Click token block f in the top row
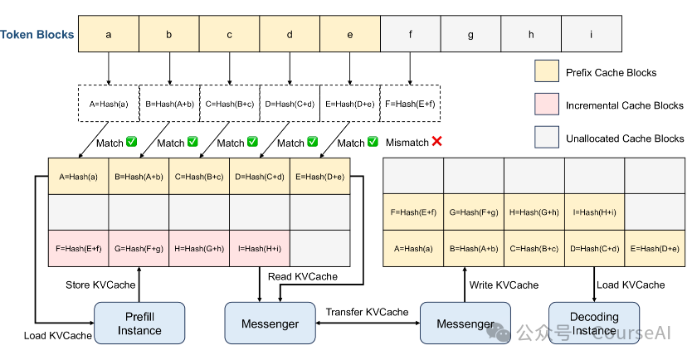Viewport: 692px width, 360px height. click(410, 35)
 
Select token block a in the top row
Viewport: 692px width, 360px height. click(108, 35)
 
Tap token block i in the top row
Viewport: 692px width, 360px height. click(591, 35)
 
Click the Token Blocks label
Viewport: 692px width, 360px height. click(37, 35)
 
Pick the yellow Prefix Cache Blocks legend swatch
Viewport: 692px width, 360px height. click(547, 73)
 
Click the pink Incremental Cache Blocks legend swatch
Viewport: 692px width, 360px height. click(547, 105)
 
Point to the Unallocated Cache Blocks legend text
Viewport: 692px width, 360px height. click(625, 139)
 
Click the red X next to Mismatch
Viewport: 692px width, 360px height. click(436, 142)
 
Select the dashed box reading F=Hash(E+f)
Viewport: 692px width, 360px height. click(410, 105)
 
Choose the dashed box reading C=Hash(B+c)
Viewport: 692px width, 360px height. click(229, 105)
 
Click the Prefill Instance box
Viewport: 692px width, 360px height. click(139, 324)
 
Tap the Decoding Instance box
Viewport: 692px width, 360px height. click(594, 324)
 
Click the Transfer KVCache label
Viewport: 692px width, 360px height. click(367, 312)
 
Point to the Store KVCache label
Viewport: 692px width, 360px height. click(101, 285)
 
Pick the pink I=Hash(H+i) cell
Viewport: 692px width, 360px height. click(260, 248)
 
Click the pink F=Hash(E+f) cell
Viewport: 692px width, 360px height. click(78, 248)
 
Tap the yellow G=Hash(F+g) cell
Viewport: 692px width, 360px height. click(474, 212)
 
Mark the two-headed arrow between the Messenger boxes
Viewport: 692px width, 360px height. click(367, 324)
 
